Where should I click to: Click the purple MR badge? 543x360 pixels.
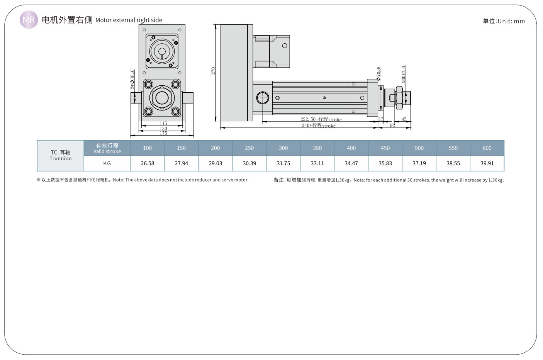pos(29,20)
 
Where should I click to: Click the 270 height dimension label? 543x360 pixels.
pos(213,71)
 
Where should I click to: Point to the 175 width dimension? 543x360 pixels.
pos(163,133)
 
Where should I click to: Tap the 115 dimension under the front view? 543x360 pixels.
pos(163,124)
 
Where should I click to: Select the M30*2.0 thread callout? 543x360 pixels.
pos(403,74)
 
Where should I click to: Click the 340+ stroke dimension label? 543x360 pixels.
pos(319,126)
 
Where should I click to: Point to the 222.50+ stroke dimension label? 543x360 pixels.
pos(321,119)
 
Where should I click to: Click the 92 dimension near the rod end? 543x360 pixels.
pos(392,126)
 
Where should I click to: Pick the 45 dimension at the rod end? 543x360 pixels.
pos(404,119)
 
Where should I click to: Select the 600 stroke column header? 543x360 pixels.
pos(487,148)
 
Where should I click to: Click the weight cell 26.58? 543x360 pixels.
pos(148,163)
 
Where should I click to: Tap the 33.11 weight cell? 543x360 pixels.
pos(317,163)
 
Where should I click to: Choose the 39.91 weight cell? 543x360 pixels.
pos(487,163)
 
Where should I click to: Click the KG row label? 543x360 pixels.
pos(107,163)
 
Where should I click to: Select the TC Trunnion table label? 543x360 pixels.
pos(61,155)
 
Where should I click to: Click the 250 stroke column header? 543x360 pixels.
pos(249,148)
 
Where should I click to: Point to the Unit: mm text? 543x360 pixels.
pos(504,21)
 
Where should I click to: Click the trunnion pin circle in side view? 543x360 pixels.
pos(263,98)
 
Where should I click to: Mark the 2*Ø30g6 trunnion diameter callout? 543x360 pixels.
pos(133,79)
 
